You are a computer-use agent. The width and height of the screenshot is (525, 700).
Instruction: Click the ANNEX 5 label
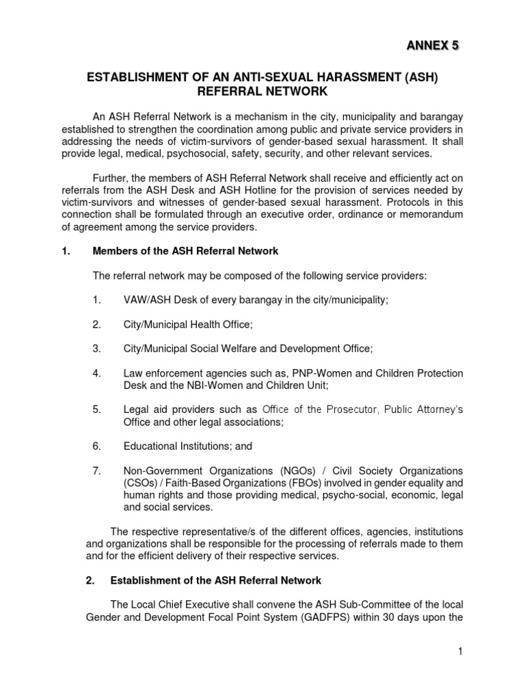point(434,46)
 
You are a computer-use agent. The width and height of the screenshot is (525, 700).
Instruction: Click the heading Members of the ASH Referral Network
point(185,251)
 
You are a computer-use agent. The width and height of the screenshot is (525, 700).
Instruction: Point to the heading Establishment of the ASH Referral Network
point(215,580)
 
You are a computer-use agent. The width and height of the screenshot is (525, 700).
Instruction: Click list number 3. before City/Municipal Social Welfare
point(97,348)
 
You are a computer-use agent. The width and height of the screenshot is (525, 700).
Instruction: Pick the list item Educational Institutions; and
point(188,446)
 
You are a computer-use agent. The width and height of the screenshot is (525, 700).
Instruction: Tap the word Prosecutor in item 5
point(349,409)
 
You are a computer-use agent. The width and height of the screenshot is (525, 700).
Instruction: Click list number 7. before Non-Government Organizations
point(97,470)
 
